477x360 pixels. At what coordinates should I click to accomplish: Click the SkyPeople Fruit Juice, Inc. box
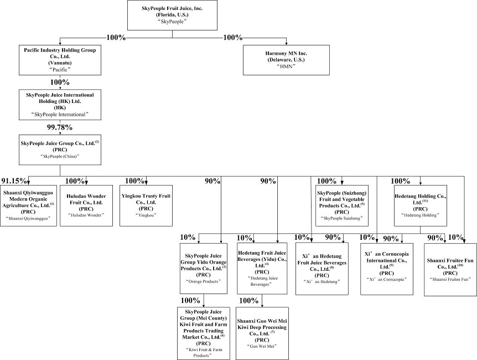[x=172, y=16]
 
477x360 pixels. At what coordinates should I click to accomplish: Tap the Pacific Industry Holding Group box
[x=60, y=60]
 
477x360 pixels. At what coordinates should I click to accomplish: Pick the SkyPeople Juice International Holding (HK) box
[x=60, y=105]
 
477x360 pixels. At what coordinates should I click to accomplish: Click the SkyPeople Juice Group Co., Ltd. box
[x=60, y=149]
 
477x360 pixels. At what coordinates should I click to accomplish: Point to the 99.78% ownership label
[x=60, y=127]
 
